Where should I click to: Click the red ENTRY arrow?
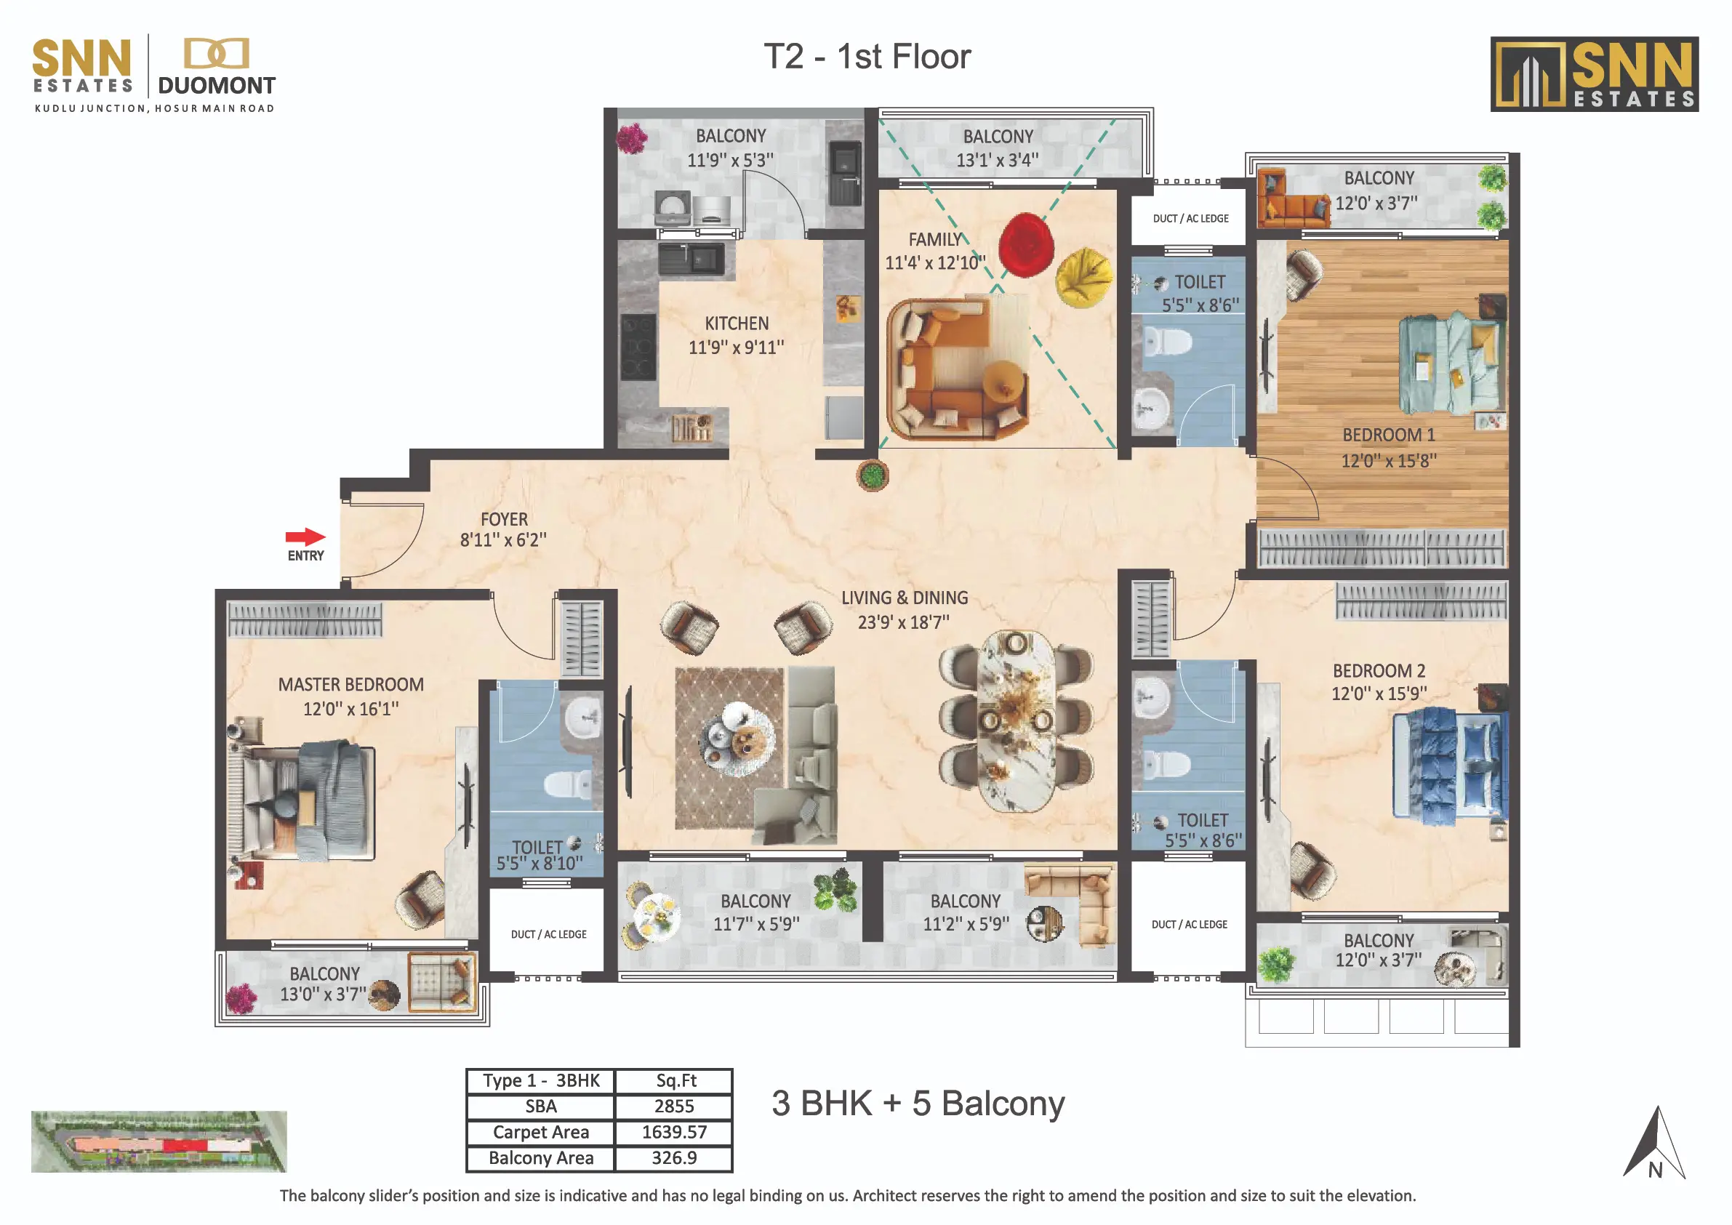[305, 537]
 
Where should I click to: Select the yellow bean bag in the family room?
[1084, 278]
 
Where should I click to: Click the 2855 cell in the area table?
[673, 1106]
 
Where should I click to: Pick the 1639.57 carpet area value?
[673, 1132]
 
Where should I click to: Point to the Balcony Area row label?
[541, 1158]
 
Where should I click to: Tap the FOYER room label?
[504, 520]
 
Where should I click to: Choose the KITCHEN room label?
[737, 324]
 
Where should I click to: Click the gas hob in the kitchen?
[638, 347]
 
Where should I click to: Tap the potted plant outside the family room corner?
[873, 475]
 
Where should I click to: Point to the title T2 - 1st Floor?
[867, 57]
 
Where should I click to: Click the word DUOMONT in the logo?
[217, 85]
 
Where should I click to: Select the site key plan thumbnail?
[159, 1141]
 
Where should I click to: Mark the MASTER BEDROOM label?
[350, 685]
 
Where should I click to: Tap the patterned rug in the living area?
[730, 748]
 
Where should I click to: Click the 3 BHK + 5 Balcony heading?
[918, 1104]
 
